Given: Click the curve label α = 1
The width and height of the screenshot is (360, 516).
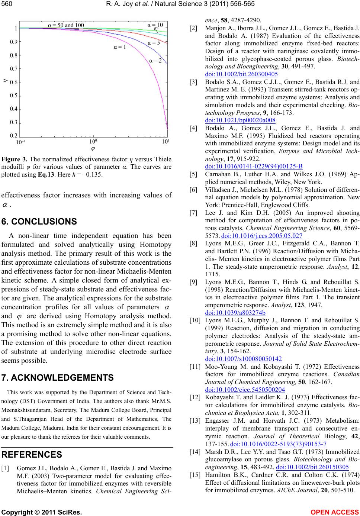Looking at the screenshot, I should (120, 47).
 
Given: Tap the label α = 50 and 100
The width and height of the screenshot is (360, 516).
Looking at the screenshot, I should (66, 25).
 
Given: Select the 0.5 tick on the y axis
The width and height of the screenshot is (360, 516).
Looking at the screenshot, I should (14, 96).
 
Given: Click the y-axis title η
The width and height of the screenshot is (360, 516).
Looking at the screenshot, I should (5, 79).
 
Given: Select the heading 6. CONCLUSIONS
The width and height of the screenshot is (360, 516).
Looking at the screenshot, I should (39, 222).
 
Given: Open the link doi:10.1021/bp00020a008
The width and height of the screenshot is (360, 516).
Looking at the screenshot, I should (240, 120).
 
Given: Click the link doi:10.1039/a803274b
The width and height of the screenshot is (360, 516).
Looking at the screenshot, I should (235, 313).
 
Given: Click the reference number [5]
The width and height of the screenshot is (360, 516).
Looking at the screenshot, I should (193, 174).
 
